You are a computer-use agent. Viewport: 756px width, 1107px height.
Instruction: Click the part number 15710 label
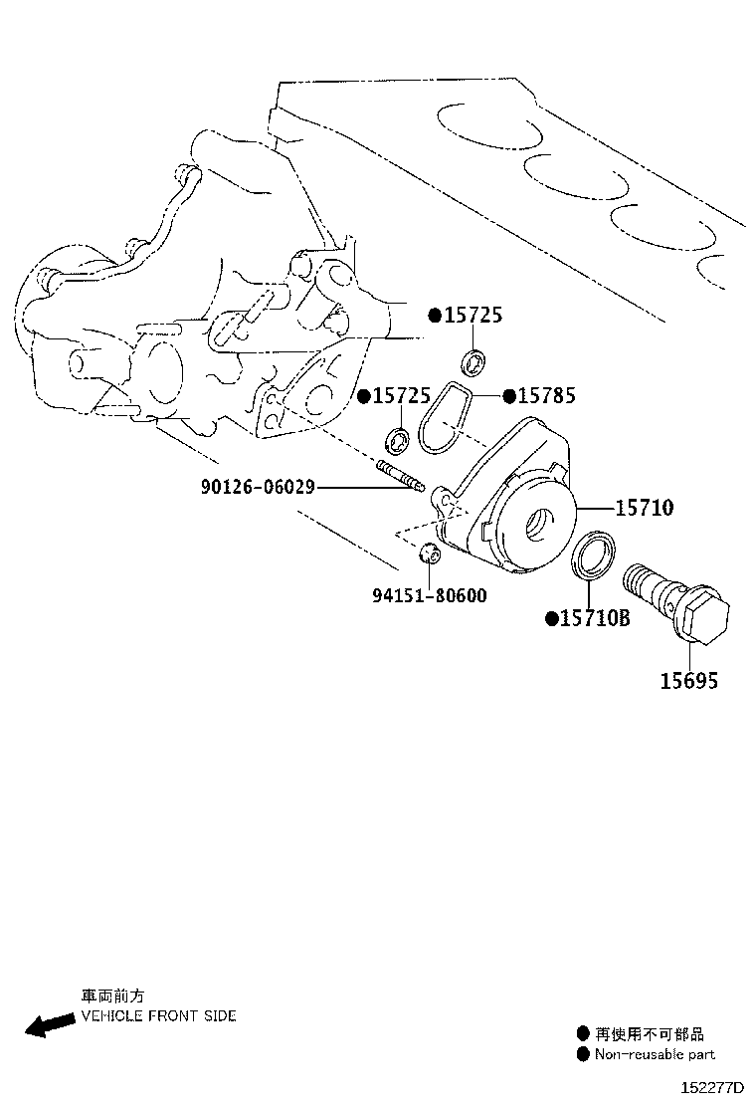(x=644, y=507)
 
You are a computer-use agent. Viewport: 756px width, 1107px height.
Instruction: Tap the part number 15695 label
(x=689, y=681)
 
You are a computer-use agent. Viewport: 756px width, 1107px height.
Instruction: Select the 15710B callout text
(x=595, y=618)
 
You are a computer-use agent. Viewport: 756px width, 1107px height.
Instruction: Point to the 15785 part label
(x=546, y=395)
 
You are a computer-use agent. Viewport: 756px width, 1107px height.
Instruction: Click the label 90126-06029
(x=258, y=487)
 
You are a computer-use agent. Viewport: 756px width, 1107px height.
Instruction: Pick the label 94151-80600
(x=430, y=596)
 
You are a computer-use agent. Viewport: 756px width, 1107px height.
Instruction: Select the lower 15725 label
(x=401, y=395)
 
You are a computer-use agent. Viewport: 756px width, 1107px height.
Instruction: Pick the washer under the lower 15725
(x=398, y=441)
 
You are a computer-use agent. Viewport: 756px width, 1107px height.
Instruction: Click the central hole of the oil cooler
(x=544, y=524)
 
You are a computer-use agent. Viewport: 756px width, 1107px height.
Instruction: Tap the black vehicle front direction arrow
(x=50, y=1023)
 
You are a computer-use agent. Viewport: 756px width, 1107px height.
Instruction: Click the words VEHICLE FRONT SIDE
(x=159, y=1016)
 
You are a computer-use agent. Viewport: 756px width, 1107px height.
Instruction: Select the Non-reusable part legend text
(x=655, y=1054)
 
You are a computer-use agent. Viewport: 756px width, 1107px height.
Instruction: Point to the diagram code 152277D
(x=712, y=1086)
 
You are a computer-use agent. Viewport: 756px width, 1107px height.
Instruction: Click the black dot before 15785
(x=509, y=396)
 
